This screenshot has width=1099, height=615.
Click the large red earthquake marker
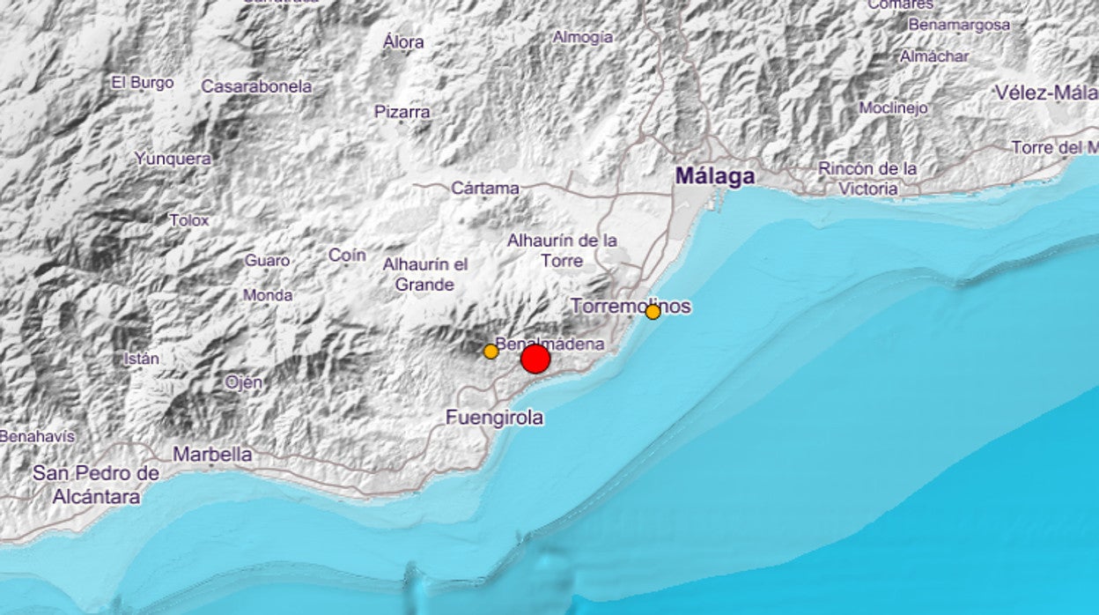535,359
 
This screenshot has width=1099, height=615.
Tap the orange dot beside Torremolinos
653,312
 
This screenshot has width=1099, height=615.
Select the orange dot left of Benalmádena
491,351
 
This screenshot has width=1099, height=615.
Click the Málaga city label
715,176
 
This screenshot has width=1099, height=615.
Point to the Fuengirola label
494,418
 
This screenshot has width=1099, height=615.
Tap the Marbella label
212,455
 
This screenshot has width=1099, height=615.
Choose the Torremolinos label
631,306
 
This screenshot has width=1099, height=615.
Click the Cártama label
485,188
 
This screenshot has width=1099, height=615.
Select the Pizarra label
402,112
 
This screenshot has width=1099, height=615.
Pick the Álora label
404,41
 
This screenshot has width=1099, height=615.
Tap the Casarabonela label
257,86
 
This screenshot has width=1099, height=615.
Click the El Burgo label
143,83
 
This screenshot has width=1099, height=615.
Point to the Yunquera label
173,159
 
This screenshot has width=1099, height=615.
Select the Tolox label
189,219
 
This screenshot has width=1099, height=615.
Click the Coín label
347,255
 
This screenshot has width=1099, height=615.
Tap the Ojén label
243,382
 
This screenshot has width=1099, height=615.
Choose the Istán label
142,359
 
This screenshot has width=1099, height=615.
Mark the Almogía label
583,37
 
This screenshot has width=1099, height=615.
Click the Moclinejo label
894,107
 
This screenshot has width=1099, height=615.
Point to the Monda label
268,295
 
